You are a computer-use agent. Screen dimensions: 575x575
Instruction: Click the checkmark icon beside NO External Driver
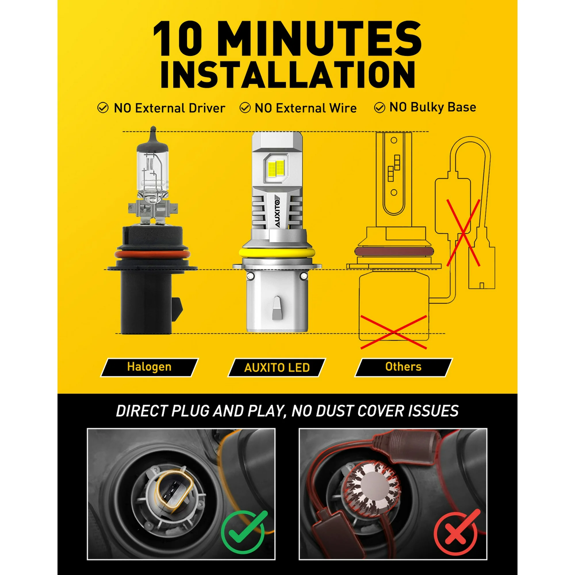103,108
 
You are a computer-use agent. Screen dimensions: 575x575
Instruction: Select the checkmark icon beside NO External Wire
245,108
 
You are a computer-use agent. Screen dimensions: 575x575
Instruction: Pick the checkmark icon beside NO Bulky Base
379,108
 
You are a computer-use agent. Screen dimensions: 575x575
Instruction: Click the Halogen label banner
149,367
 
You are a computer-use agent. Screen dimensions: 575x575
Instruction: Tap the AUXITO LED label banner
277,367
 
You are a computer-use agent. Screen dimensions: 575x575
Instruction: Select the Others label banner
403,367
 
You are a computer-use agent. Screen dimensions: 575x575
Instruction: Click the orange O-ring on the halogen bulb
152,254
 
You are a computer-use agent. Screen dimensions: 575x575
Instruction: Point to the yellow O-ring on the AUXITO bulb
277,253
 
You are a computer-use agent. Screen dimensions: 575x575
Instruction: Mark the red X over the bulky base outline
394,332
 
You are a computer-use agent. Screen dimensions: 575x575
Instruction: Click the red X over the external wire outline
463,233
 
